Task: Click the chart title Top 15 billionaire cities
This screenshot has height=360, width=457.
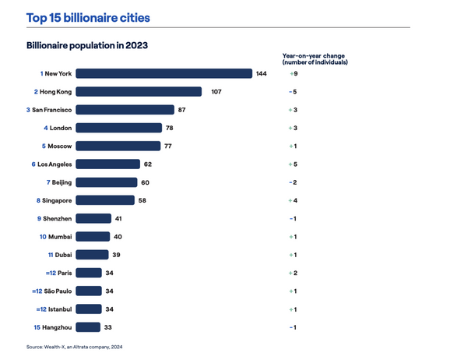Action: click(88, 17)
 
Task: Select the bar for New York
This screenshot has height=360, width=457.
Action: click(163, 74)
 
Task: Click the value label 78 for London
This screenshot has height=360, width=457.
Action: click(171, 128)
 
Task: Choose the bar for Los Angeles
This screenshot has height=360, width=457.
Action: click(108, 164)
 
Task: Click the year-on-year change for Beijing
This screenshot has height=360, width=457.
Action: click(293, 182)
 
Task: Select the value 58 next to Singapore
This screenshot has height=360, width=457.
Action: click(141, 200)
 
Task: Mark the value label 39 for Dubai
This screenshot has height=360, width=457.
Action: click(117, 255)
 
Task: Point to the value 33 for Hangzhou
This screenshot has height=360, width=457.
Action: click(108, 326)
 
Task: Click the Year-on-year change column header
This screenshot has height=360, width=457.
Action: click(315, 58)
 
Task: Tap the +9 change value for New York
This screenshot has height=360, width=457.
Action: click(293, 74)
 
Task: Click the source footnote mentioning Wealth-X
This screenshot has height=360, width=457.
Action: click(74, 347)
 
